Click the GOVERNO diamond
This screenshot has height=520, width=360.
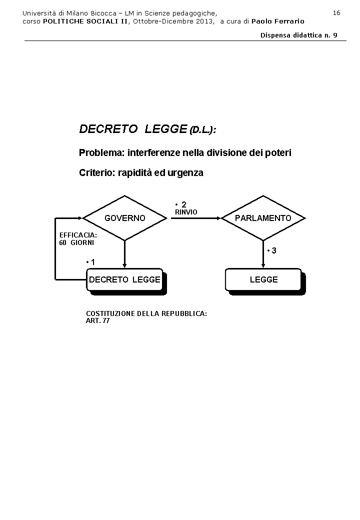[x=124, y=218]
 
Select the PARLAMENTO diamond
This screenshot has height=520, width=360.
[x=263, y=218]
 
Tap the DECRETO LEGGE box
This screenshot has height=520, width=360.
[x=124, y=279]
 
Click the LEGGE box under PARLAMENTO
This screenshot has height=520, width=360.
[x=263, y=279]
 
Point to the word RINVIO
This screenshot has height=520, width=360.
[x=186, y=212]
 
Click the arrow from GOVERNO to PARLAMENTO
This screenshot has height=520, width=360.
[x=195, y=218]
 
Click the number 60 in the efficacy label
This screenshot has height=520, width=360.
[x=63, y=242]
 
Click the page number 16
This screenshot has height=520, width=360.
[x=336, y=13]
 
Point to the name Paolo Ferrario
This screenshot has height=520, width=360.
[x=277, y=21]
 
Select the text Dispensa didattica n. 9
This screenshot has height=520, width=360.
[x=298, y=35]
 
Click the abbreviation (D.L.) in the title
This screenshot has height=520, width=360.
[x=202, y=130]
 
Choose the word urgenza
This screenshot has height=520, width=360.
[x=186, y=173]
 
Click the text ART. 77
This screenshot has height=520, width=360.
[x=97, y=320]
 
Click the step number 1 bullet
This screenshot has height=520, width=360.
[x=91, y=262]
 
